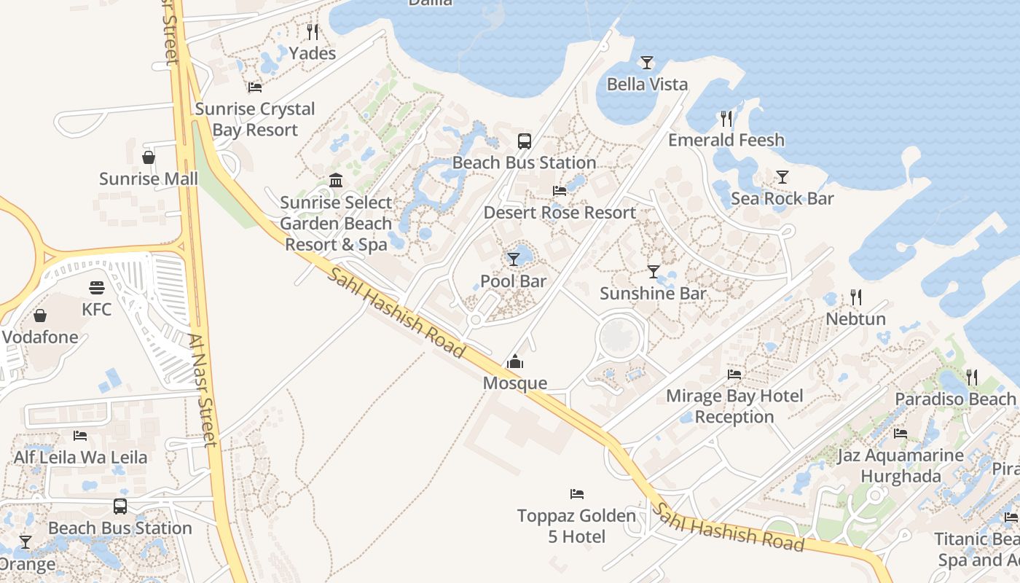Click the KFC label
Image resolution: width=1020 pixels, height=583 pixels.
(97, 310)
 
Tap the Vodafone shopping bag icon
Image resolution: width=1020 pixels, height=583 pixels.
(40, 316)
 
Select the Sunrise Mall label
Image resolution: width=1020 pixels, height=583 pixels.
(149, 179)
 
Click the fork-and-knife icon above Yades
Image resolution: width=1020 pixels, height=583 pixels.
(313, 31)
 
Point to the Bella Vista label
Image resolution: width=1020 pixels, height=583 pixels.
(647, 85)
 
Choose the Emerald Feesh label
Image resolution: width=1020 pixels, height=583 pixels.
(726, 140)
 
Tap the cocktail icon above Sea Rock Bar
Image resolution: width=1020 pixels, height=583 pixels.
(782, 176)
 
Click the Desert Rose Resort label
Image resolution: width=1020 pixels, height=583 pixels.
(560, 213)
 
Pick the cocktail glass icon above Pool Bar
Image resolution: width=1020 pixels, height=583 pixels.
(514, 259)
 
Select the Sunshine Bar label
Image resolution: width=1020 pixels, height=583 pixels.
(653, 294)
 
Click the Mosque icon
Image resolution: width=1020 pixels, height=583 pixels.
(515, 361)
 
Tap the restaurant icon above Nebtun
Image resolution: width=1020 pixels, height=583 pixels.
(855, 297)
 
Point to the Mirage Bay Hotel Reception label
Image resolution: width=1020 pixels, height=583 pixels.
(734, 407)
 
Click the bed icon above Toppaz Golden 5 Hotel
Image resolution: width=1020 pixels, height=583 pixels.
(577, 494)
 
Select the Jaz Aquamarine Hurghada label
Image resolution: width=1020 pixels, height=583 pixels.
(901, 466)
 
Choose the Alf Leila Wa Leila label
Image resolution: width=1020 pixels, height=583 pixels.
(80, 458)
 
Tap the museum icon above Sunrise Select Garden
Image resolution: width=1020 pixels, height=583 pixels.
(336, 180)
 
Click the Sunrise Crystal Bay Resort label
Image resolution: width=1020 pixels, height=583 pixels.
(255, 120)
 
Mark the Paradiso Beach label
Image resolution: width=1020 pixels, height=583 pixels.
(954, 399)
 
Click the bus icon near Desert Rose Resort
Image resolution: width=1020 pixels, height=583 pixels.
(524, 141)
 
